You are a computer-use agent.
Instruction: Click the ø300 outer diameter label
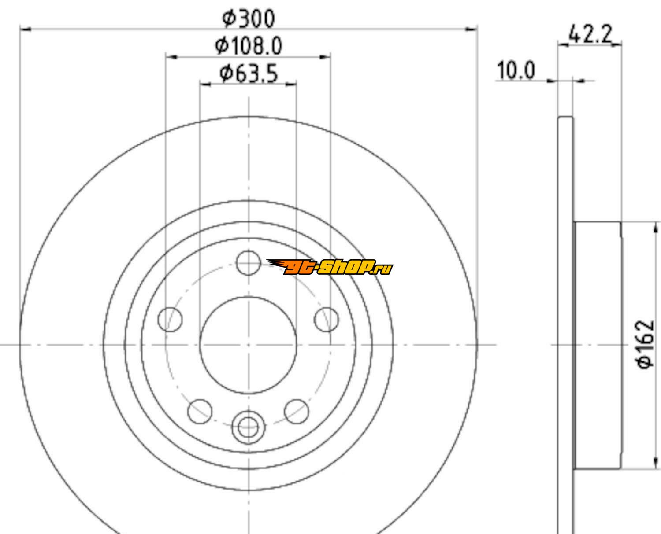(249, 18)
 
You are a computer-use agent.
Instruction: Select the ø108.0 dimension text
(249, 46)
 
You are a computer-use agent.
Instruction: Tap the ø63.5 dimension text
(249, 74)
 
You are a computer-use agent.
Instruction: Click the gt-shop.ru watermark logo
(330, 267)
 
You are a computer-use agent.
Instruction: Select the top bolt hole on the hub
(248, 263)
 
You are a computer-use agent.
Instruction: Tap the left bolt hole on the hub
(170, 320)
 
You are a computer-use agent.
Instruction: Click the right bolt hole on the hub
(327, 320)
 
